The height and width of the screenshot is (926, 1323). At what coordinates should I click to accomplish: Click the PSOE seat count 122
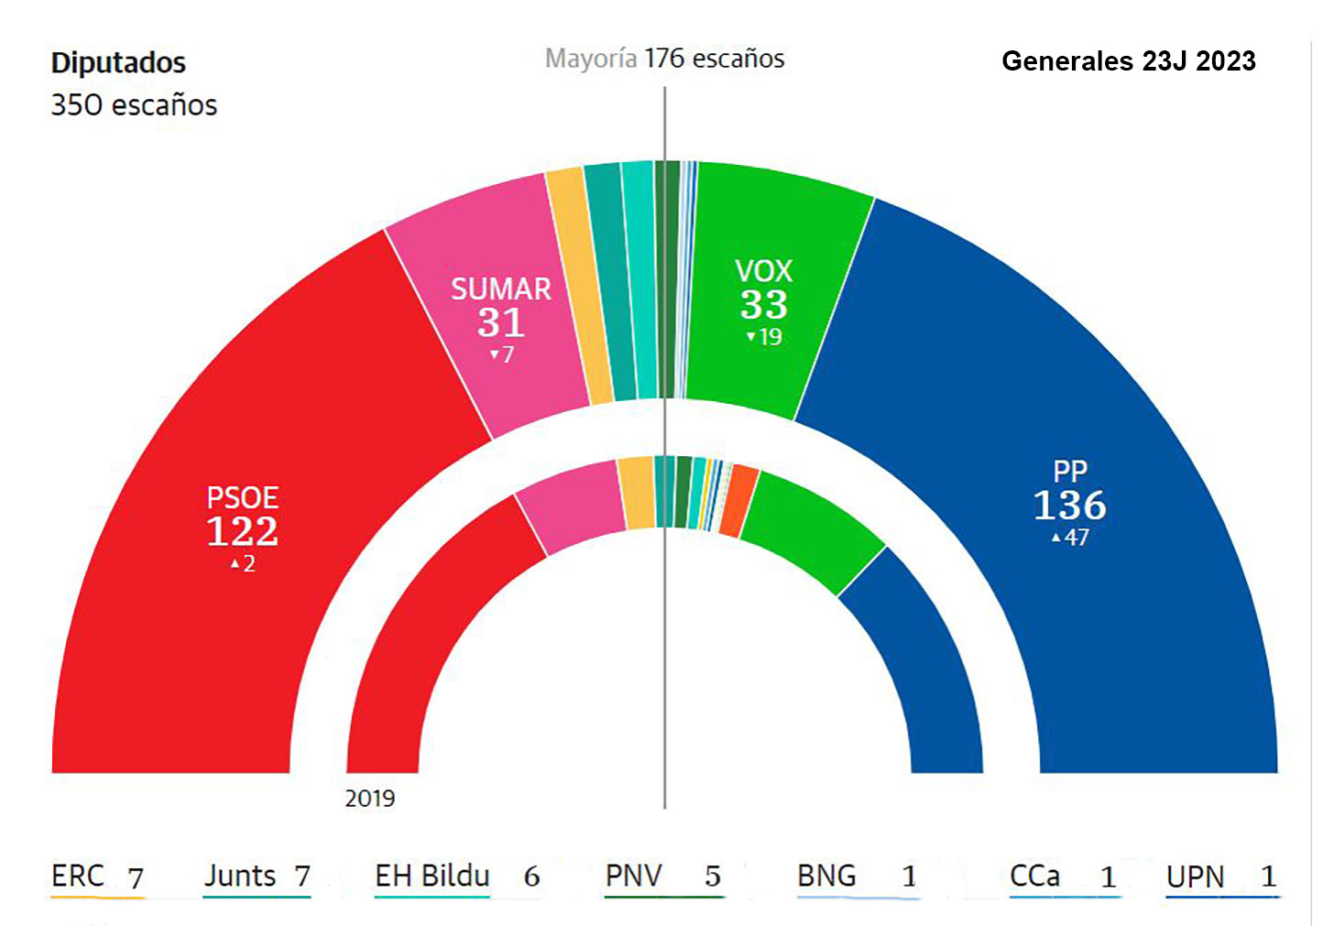point(242,531)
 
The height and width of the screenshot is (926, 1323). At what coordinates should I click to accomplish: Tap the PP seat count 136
point(1069,506)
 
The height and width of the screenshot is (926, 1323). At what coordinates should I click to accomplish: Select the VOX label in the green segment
point(763,271)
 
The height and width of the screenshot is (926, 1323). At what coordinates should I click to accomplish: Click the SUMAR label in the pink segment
point(500,289)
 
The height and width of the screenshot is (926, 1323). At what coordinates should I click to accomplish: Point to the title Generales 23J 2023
point(1128,61)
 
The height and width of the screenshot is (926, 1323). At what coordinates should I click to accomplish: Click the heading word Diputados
point(118,63)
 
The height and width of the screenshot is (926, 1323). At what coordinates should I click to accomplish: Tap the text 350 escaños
point(134,105)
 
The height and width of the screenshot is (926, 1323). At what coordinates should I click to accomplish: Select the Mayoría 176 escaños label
point(664,59)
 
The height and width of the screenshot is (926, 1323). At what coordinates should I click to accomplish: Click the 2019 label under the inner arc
point(370,799)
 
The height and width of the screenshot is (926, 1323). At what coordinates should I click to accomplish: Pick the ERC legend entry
point(97,877)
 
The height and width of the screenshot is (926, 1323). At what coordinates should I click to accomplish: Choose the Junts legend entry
point(257,877)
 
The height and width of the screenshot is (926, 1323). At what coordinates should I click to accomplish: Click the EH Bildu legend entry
point(456,877)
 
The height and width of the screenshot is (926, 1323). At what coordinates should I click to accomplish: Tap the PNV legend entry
point(662,877)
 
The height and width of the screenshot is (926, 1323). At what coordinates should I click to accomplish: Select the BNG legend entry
point(856,877)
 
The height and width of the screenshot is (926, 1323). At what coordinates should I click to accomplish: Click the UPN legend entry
point(1220,877)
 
